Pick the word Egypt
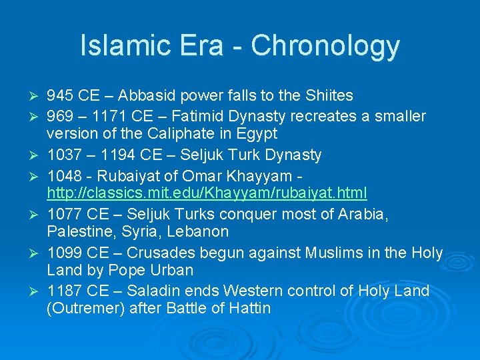(257, 134)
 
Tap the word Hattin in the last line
(247, 309)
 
